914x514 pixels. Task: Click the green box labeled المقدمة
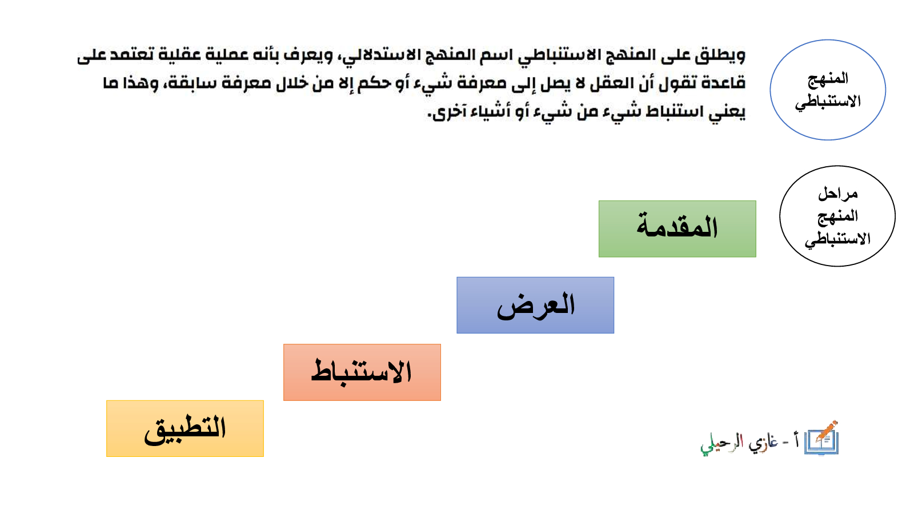(x=678, y=229)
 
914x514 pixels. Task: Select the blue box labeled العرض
(x=535, y=305)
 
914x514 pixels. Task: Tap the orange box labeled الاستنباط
(x=362, y=372)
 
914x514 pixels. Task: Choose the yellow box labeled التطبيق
(x=185, y=428)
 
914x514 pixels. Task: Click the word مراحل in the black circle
(x=838, y=194)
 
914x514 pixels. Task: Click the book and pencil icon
(x=821, y=438)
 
